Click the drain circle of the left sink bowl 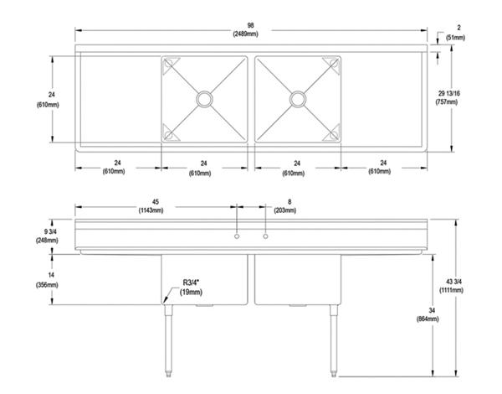pyautogui.click(x=204, y=99)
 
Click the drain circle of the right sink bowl pyautogui.click(x=297, y=99)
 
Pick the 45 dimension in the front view pyautogui.click(x=157, y=201)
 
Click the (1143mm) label pyautogui.click(x=157, y=210)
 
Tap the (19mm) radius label pyautogui.click(x=192, y=292)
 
